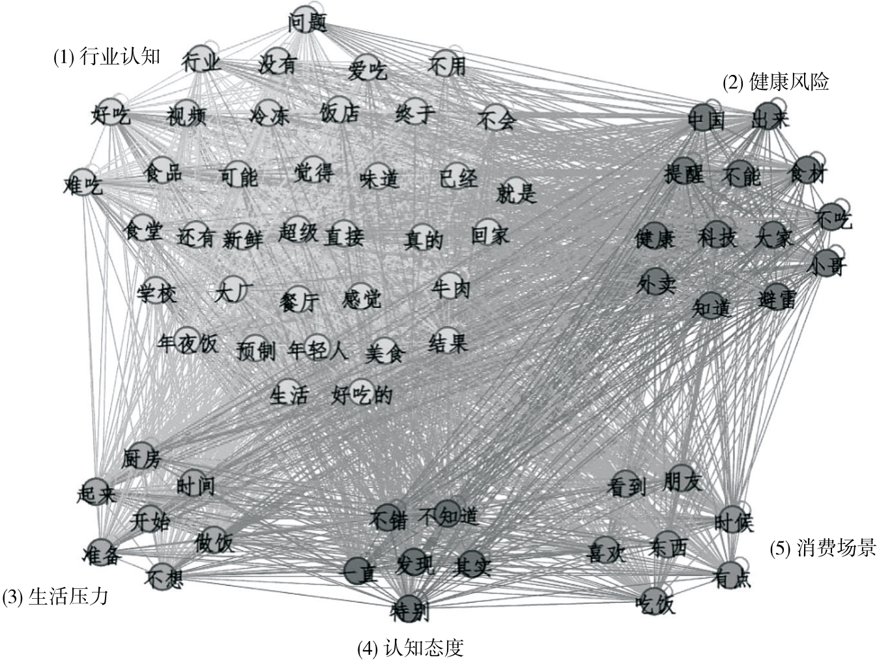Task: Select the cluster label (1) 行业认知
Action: tap(106, 57)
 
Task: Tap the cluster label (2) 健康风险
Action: tap(776, 82)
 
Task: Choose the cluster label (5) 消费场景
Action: tap(823, 549)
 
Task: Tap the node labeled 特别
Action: tap(410, 609)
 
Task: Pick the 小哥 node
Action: tap(827, 264)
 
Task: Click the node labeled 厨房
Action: tap(141, 457)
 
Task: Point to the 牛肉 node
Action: tap(450, 287)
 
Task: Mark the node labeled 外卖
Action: tap(655, 283)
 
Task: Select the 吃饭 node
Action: tap(655, 603)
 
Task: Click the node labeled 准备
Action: tap(102, 554)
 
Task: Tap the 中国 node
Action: tap(706, 119)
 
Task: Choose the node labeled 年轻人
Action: tap(317, 351)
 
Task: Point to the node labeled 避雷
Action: tap(777, 298)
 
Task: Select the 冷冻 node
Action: tap(269, 116)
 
